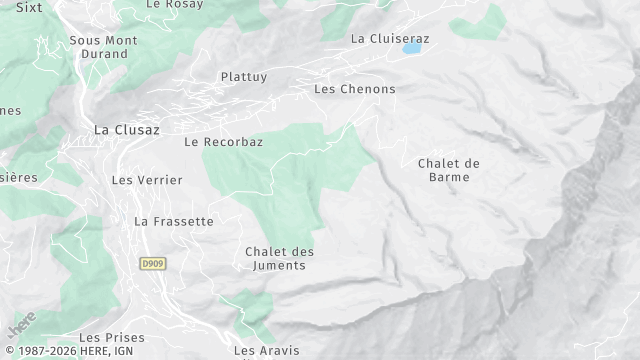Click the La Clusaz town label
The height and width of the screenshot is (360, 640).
click(126, 129)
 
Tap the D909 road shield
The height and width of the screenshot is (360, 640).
click(152, 263)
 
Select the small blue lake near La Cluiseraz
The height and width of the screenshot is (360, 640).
click(411, 47)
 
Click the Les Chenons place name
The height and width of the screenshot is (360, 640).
click(354, 89)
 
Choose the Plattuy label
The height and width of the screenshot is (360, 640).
click(244, 76)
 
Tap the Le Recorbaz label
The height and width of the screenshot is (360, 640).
click(223, 142)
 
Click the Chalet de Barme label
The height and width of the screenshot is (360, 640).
click(449, 170)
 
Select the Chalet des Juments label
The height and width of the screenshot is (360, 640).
click(279, 258)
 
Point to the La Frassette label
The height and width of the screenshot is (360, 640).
click(174, 221)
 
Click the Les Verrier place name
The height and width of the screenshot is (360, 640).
click(147, 180)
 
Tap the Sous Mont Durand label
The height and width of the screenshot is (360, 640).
click(103, 47)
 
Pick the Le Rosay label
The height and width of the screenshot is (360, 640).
click(168, 4)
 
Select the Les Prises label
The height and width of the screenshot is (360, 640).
click(110, 338)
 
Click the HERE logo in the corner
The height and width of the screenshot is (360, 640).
click(22, 325)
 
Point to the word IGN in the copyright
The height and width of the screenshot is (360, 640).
click(145, 353)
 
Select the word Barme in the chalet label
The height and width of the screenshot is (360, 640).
click(449, 177)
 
